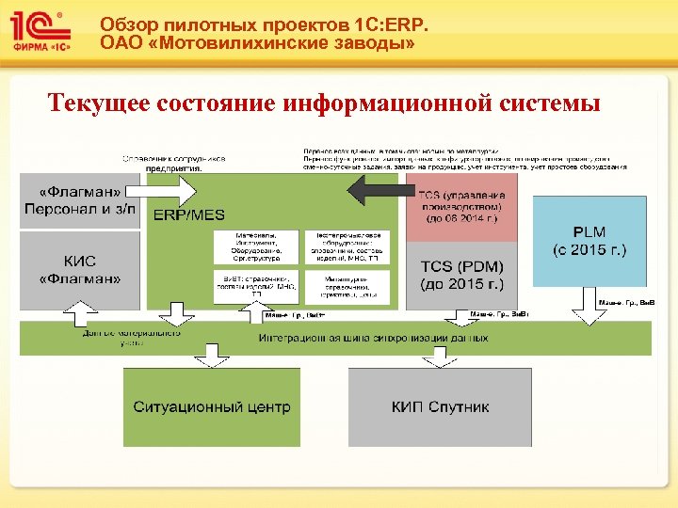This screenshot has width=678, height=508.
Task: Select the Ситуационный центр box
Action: pyautogui.click(x=212, y=407)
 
